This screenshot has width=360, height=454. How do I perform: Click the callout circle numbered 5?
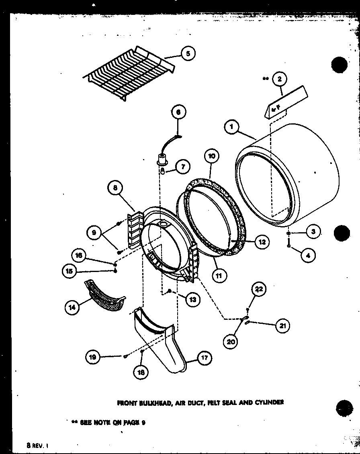[188, 53]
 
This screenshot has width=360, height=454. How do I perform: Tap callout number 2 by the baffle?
[280, 79]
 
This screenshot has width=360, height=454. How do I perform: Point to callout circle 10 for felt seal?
[212, 156]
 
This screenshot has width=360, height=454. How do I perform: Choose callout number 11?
[220, 275]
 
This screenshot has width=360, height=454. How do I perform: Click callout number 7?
[182, 167]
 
